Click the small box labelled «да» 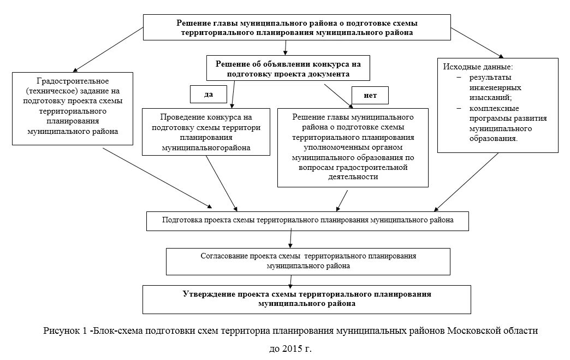208,94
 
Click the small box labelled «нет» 370,95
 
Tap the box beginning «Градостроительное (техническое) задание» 73,108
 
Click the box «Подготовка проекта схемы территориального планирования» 307,220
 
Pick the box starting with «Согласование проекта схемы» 308,261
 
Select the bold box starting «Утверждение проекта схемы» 307,299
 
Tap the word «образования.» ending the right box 494,139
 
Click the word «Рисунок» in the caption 59,331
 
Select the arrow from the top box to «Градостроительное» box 109,50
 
